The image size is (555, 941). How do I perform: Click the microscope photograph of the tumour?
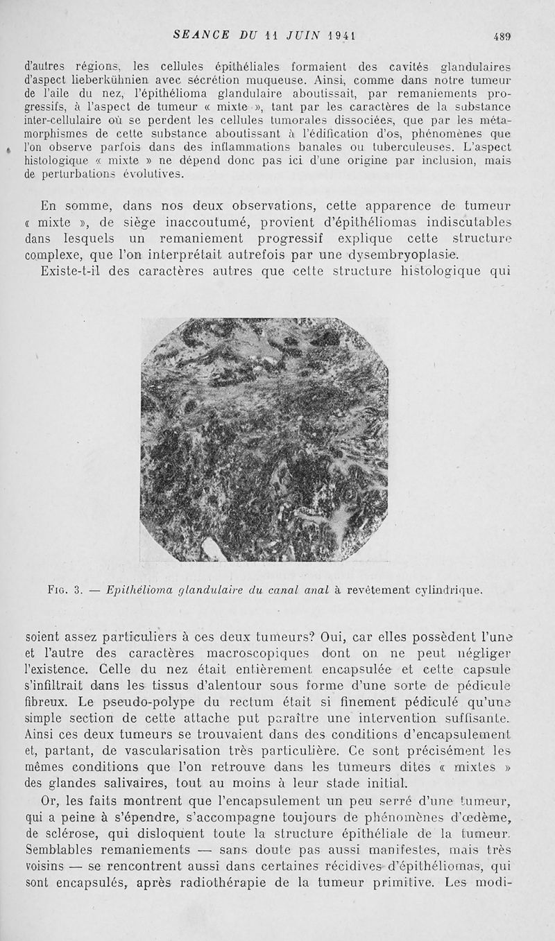264,439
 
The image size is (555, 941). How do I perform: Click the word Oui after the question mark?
334,637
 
